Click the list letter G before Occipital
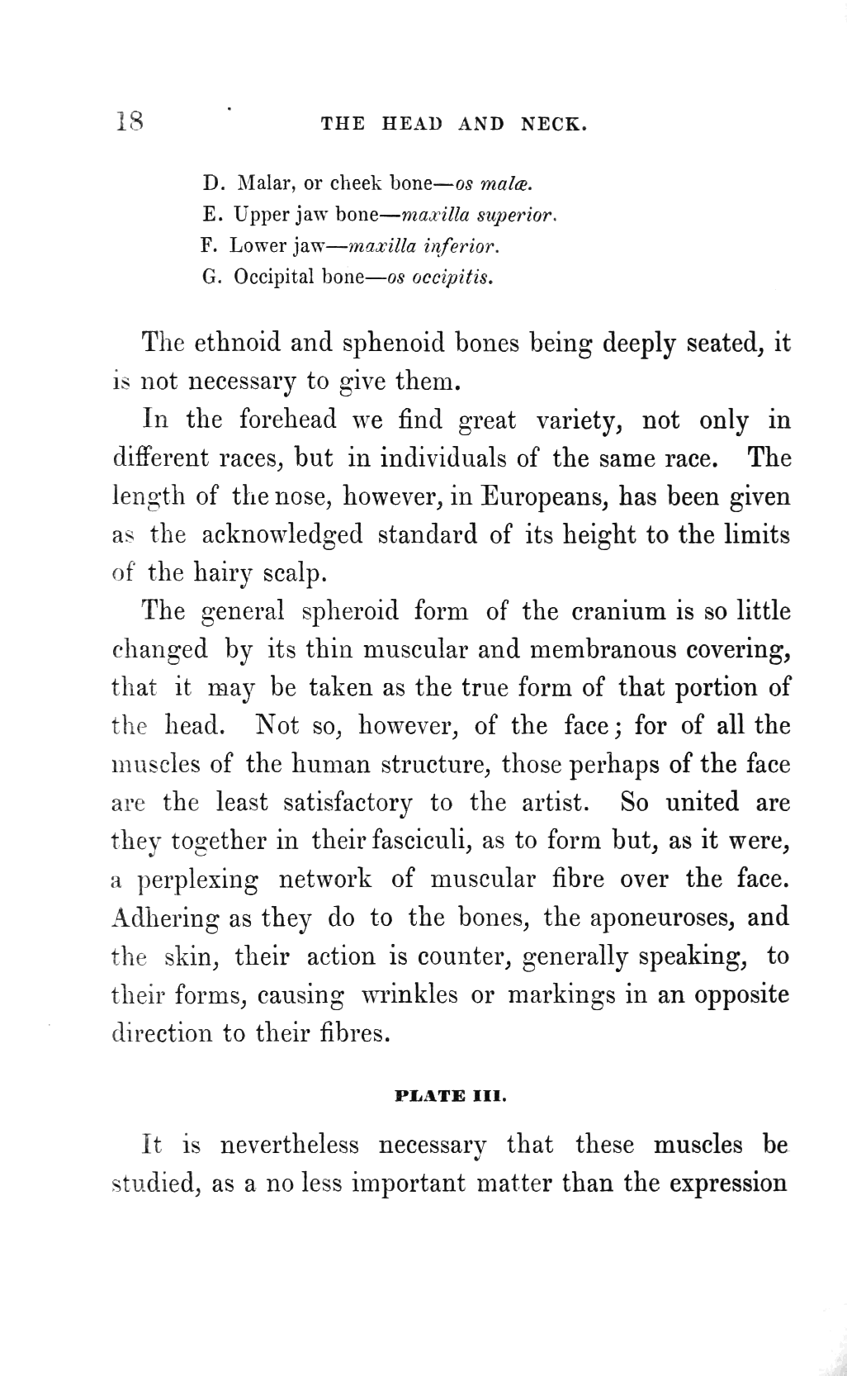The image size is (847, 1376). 209,277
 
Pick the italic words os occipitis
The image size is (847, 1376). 440,277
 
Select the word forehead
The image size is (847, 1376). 287,420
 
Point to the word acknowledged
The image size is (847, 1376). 282,535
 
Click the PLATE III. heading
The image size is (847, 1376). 450,1098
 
